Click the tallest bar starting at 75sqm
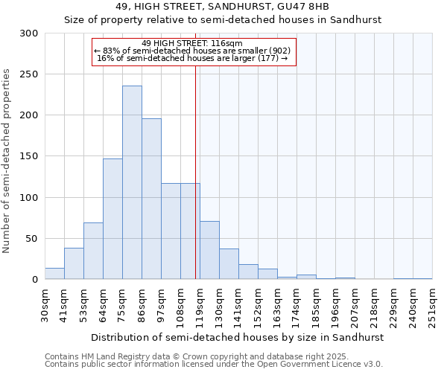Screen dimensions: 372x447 (132, 183)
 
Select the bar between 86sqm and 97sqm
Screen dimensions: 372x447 (151, 199)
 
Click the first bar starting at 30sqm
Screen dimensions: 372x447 (54, 274)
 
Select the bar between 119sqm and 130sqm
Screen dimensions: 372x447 (209, 250)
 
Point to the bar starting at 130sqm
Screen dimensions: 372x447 (229, 264)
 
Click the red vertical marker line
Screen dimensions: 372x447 (195, 164)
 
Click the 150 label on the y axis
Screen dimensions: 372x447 (29, 157)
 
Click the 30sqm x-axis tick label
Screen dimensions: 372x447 (45, 305)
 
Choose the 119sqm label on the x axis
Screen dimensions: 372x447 (200, 305)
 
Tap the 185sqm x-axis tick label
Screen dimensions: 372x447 (316, 305)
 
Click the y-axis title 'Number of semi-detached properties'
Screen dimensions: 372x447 (7, 161)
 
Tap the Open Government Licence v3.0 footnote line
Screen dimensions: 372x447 (214, 365)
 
